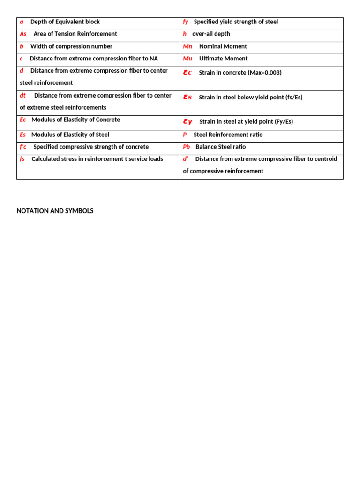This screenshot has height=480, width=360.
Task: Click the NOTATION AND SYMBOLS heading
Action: pos(55,211)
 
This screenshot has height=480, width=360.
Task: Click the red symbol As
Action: pos(23,34)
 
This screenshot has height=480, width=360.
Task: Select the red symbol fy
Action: pos(186,22)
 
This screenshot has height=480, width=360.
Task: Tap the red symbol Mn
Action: pos(187,46)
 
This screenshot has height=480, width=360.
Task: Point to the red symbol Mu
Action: pos(187,59)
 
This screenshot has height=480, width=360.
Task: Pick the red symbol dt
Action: pos(22,95)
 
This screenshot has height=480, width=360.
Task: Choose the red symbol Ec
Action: pos(23,120)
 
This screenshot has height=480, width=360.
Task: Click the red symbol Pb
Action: pos(187,147)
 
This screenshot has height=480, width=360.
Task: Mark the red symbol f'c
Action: pos(23,147)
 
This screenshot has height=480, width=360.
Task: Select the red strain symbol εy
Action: pos(187,121)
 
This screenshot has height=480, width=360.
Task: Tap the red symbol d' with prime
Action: pos(186,159)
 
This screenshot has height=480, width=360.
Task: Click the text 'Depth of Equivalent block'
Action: pos(65,22)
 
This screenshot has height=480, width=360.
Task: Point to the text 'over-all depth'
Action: pos(211,34)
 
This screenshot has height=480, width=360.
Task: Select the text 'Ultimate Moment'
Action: pos(223,59)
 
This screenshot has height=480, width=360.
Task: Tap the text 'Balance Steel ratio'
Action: pos(220,147)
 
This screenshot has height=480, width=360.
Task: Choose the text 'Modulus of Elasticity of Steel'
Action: pos(70,135)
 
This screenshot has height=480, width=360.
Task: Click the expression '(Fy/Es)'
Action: pos(282,121)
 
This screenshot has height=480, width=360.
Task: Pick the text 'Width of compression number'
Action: pos(71,46)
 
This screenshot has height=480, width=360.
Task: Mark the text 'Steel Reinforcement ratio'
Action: pos(228,135)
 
